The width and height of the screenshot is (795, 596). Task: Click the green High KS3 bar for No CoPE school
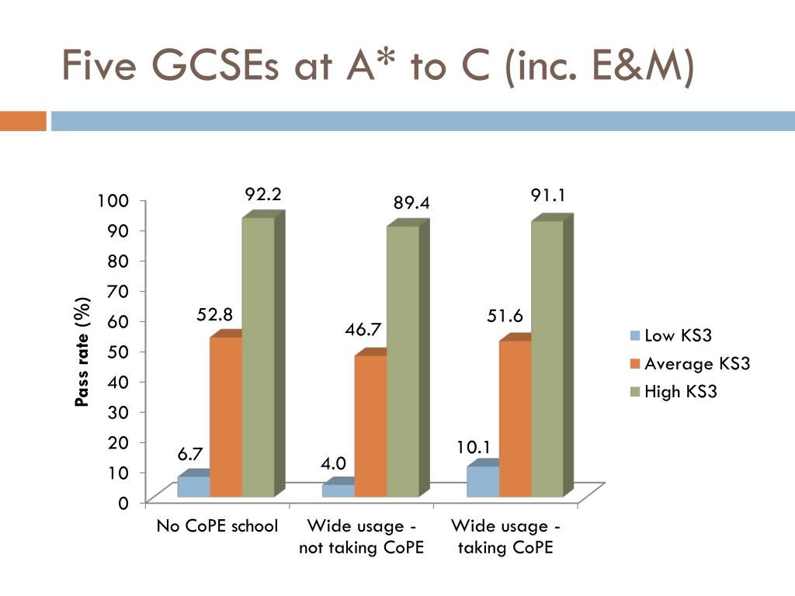point(258,357)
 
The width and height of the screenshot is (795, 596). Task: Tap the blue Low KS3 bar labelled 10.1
point(483,481)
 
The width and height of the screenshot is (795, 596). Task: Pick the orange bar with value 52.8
point(226,416)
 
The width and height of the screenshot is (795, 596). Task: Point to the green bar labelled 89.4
point(402,361)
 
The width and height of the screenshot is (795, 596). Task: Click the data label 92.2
point(262,195)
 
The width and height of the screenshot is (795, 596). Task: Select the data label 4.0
point(334,464)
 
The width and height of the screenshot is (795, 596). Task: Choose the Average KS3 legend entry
point(689,364)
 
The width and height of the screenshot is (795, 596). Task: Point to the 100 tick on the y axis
point(112,201)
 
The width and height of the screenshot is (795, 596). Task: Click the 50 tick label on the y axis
point(117,352)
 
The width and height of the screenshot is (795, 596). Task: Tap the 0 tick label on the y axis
point(123,503)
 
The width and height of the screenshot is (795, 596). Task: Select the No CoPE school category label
point(217,526)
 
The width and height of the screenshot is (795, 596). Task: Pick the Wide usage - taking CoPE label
point(505,536)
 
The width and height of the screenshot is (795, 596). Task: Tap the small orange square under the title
point(23,122)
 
